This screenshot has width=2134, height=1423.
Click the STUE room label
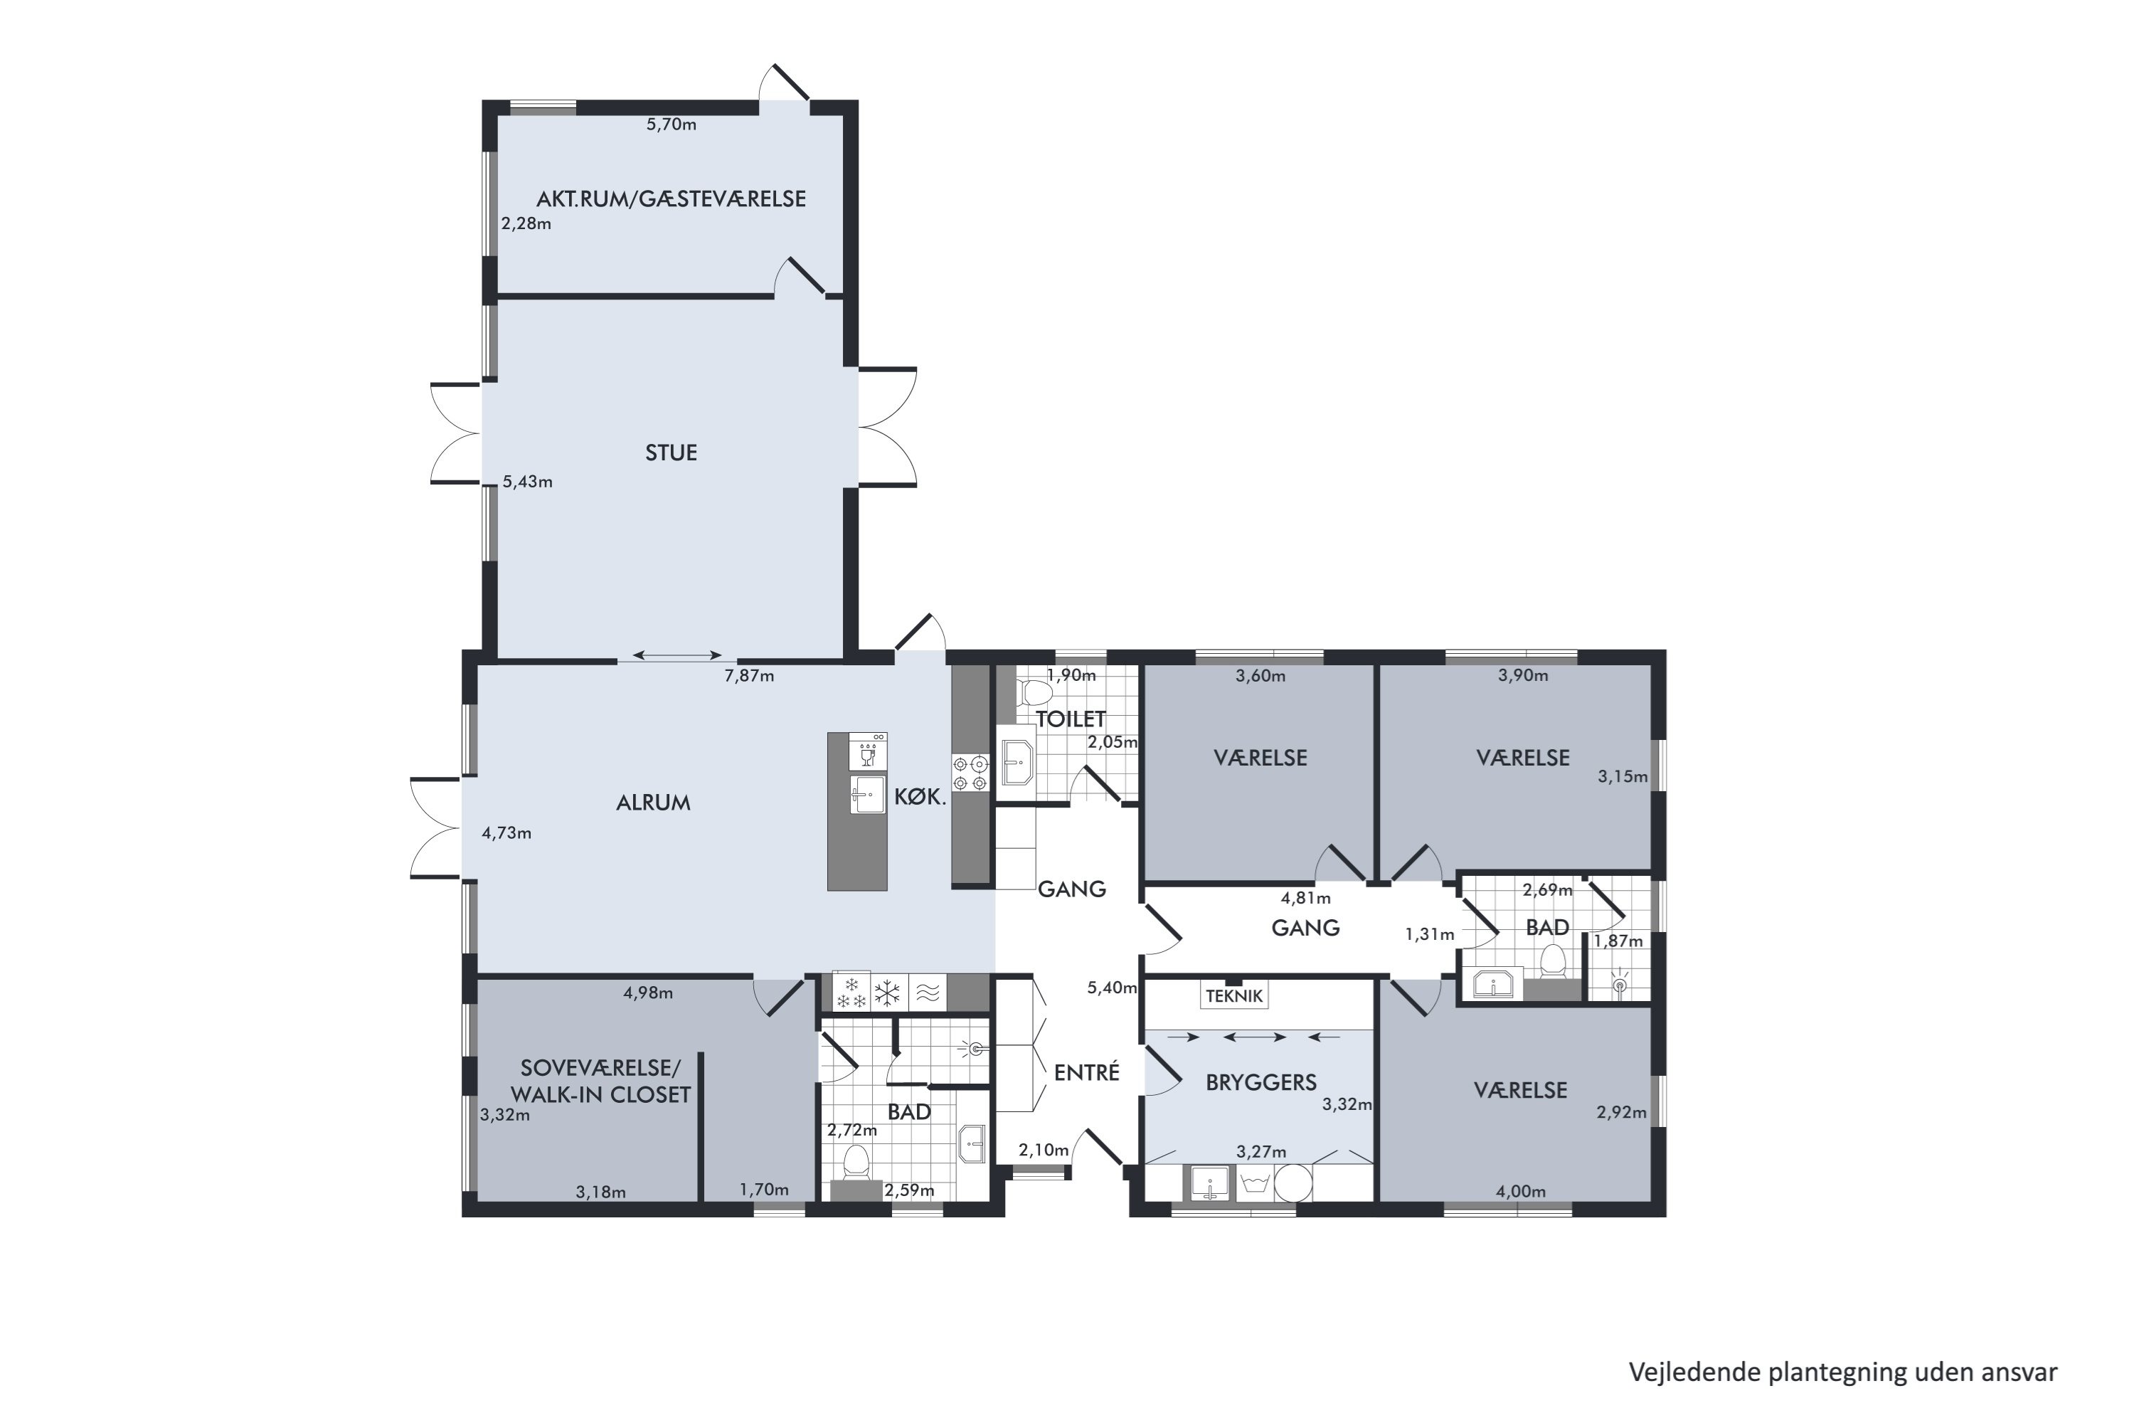click(671, 452)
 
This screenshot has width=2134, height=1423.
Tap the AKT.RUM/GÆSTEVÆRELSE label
click(671, 199)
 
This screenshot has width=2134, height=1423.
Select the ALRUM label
click(653, 803)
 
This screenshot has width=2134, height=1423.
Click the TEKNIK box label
click(1234, 995)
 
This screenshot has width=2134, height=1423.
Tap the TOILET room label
click(1071, 719)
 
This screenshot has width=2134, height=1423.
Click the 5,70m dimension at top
click(671, 125)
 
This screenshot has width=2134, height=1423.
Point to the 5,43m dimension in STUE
click(527, 482)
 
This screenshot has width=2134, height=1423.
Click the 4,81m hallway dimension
click(1305, 899)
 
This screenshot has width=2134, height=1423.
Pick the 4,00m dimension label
click(1521, 1192)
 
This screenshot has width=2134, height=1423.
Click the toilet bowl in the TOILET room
click(1034, 693)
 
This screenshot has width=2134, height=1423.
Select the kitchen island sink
click(867, 795)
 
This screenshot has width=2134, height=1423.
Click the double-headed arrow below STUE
click(678, 655)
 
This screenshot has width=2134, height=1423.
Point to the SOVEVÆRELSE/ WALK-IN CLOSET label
click(600, 1081)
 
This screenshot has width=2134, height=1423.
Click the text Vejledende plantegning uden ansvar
click(1843, 1372)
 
